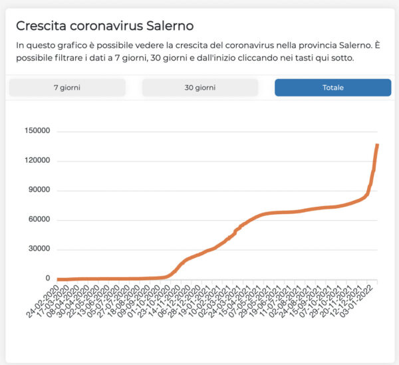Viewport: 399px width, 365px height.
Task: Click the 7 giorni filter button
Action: tap(66, 88)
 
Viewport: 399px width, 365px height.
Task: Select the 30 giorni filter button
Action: tap(199, 88)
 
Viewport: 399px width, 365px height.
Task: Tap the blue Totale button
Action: tap(332, 88)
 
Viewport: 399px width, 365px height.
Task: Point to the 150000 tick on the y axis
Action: tap(37, 131)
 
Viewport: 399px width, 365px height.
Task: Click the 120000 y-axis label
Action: tap(37, 161)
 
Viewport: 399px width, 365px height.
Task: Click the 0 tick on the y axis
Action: tap(47, 279)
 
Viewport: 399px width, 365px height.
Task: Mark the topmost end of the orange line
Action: tap(377, 145)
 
